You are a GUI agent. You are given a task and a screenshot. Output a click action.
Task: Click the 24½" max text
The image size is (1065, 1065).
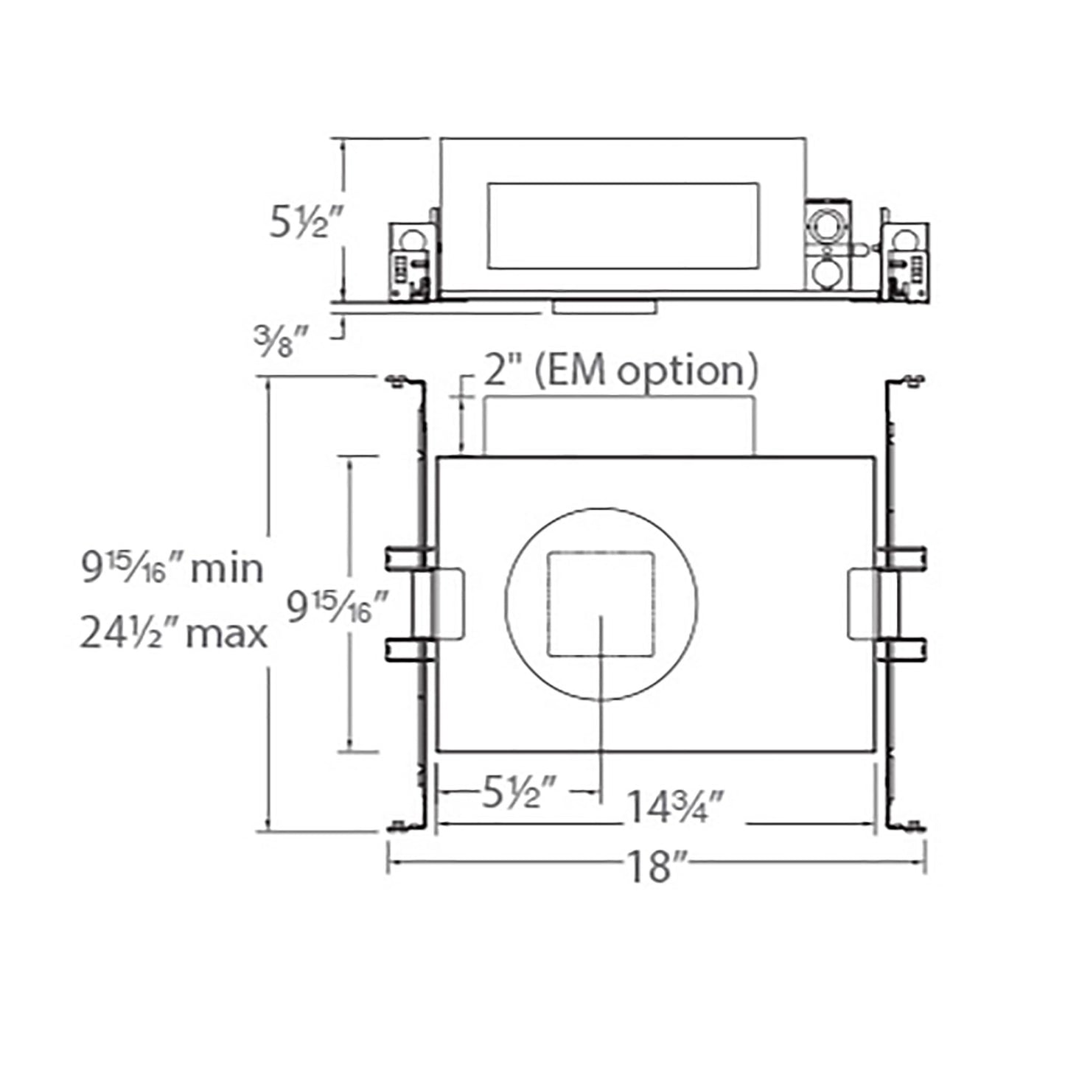click(174, 633)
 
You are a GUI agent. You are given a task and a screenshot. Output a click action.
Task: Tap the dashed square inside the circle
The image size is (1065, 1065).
click(601, 603)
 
